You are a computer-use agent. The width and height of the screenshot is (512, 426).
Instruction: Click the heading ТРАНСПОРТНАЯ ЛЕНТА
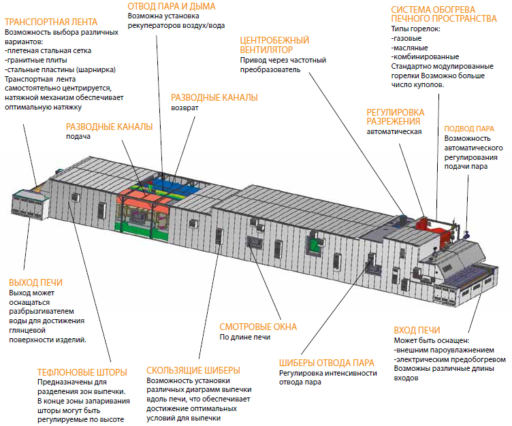click(x=51, y=22)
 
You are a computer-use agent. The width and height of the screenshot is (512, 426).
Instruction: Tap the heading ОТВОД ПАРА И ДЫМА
click(x=172, y=6)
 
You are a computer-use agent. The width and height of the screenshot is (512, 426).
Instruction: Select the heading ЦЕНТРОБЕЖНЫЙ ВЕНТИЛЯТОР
click(x=274, y=45)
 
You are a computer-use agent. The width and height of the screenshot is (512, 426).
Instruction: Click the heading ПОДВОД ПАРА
click(x=469, y=129)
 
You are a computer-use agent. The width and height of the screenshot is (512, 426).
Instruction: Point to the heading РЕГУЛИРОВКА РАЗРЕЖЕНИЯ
click(x=396, y=117)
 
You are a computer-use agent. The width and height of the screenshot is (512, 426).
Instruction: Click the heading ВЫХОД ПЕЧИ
click(x=35, y=282)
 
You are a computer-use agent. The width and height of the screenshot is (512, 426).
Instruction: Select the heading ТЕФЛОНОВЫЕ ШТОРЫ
click(x=82, y=372)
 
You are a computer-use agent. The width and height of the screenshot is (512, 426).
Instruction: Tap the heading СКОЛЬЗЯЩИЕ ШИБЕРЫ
click(x=193, y=370)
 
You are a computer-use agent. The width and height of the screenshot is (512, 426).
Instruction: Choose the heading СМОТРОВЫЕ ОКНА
click(x=258, y=327)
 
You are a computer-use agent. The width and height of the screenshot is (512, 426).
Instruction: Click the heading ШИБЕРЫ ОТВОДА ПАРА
click(x=327, y=363)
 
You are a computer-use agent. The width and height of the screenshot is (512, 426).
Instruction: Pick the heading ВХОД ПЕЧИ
click(x=417, y=330)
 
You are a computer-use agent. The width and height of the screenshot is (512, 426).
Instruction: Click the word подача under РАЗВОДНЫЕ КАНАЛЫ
click(x=78, y=137)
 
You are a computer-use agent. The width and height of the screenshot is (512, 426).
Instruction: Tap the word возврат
click(x=185, y=108)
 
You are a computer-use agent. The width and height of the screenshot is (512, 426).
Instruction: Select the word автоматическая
click(x=394, y=131)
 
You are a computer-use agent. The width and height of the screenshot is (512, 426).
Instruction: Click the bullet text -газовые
click(x=406, y=38)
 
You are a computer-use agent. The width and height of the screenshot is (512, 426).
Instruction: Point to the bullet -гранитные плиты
click(x=36, y=60)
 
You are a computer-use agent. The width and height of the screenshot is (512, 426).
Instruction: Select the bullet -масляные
click(x=409, y=48)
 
